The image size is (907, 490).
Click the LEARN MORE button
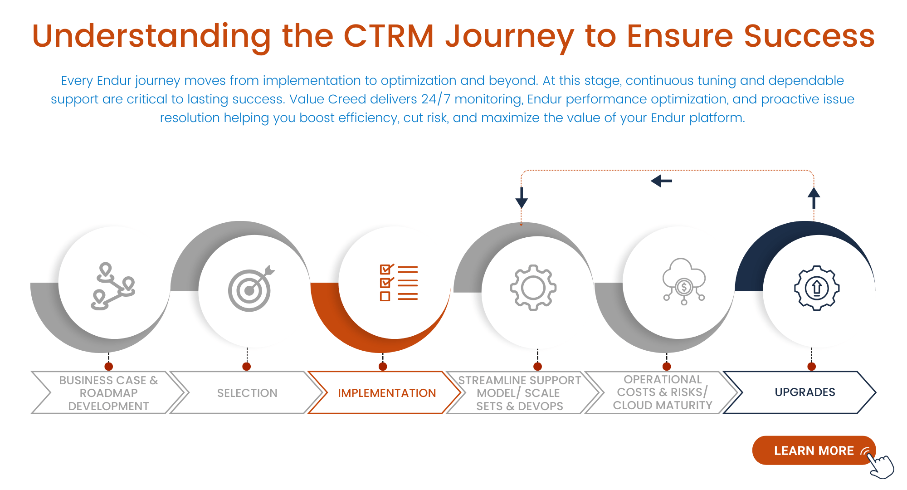[x=813, y=451]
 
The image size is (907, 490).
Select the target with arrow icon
[x=251, y=289]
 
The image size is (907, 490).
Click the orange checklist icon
[x=399, y=283]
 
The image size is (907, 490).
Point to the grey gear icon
[x=533, y=288]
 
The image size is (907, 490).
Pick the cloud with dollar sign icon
[x=684, y=282]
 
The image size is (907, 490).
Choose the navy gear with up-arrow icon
[x=817, y=288]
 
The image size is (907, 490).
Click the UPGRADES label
[x=805, y=392]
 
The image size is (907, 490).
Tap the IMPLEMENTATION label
[x=386, y=393]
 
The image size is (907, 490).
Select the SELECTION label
[x=247, y=393]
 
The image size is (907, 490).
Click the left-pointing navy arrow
[x=662, y=181]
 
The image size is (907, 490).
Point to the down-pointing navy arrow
[x=522, y=198]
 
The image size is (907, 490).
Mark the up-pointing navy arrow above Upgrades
[x=814, y=198]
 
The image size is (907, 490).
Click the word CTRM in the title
[x=389, y=36]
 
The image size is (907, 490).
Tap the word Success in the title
[x=809, y=36]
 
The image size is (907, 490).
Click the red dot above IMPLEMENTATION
[x=383, y=367]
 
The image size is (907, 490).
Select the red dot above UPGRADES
[x=812, y=367]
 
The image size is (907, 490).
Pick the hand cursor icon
[x=882, y=465]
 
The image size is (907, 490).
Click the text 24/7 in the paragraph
[x=435, y=99]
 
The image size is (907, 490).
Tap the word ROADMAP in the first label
[x=108, y=393]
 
